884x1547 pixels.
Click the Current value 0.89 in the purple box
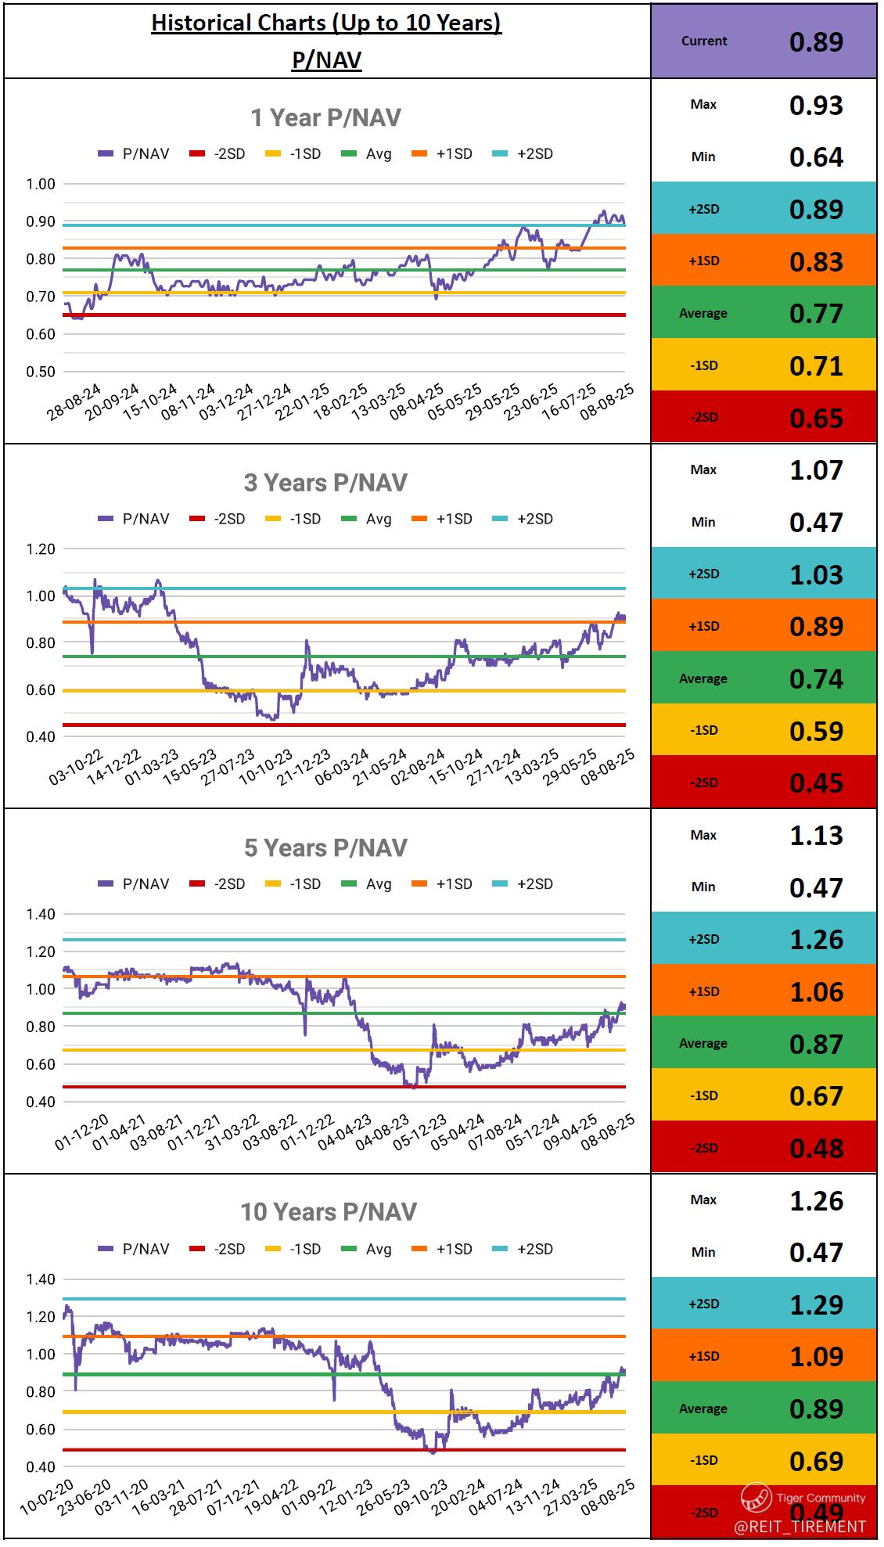click(x=816, y=41)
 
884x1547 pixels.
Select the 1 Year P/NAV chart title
click(x=325, y=117)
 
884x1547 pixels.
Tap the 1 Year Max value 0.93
click(x=816, y=105)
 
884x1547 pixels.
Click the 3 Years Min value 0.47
click(x=816, y=522)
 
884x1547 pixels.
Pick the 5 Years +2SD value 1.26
click(x=816, y=939)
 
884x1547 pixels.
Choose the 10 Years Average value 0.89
click(x=816, y=1408)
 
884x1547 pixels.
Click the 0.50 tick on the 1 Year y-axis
click(x=41, y=372)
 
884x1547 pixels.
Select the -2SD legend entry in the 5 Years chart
click(x=218, y=884)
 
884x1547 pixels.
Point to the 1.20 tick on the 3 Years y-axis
click(x=41, y=549)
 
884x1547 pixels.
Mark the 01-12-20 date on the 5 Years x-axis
click(x=82, y=1132)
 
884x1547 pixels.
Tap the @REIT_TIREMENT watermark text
click(x=800, y=1527)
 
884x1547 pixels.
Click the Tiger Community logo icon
click(x=756, y=1498)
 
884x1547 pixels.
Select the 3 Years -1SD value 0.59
click(x=816, y=731)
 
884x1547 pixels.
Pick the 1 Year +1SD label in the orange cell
click(x=704, y=261)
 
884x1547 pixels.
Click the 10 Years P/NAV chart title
click(x=328, y=1212)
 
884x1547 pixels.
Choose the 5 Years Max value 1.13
click(x=816, y=835)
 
